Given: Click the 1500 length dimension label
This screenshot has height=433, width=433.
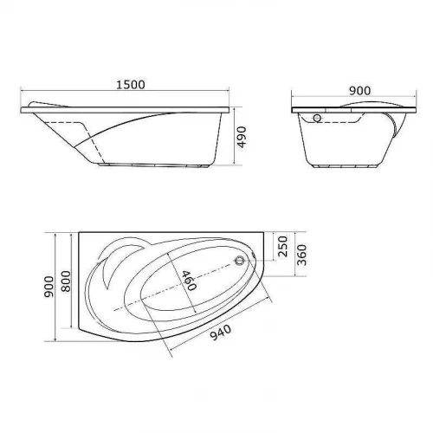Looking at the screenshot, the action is (131, 85).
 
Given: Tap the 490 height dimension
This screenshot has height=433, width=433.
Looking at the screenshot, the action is (241, 137).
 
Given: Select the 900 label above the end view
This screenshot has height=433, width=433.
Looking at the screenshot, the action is (359, 91).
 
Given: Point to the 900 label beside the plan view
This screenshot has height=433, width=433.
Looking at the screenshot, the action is (48, 287).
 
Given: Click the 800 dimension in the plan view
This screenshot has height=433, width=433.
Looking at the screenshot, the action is (66, 281).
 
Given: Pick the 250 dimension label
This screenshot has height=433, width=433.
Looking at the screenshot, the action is (282, 246).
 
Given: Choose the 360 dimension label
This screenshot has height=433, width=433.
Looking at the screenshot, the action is (301, 255).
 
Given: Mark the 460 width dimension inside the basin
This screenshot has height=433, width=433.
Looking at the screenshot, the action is (189, 281).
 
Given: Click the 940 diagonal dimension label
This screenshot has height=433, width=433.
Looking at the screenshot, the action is (220, 333).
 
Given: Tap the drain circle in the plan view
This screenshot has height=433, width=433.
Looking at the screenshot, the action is (239, 261).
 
